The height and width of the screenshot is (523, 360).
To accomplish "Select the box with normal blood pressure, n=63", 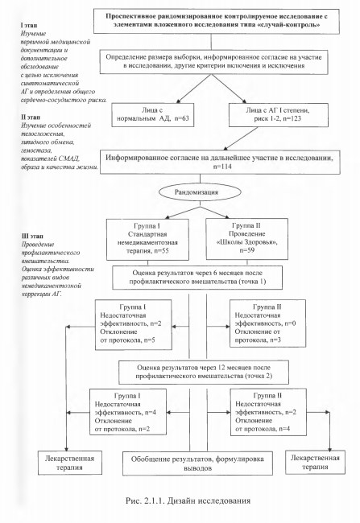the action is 153,115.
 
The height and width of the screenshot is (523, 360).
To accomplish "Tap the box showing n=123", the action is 279,115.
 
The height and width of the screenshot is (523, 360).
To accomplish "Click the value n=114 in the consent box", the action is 222,167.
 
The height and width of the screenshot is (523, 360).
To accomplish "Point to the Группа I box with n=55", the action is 147,239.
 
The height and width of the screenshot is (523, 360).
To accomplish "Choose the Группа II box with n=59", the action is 246,238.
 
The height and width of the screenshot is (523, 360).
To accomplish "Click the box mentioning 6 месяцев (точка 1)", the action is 197,277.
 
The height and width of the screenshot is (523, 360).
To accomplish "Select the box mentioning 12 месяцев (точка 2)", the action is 204,372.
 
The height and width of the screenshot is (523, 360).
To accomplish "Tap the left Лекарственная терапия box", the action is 69,463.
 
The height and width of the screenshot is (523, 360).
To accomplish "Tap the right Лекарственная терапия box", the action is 315,462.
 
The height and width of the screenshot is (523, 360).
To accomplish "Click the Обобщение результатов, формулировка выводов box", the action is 197,463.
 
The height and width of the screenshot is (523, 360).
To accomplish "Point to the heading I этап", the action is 29,26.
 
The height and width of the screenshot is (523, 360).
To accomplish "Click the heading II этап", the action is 31,117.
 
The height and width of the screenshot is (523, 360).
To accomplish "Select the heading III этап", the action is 32,236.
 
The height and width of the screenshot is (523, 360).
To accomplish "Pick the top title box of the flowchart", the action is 217,21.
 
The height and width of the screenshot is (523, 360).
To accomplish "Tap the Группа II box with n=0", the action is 268,323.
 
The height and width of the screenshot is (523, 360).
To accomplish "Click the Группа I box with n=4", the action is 128,412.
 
